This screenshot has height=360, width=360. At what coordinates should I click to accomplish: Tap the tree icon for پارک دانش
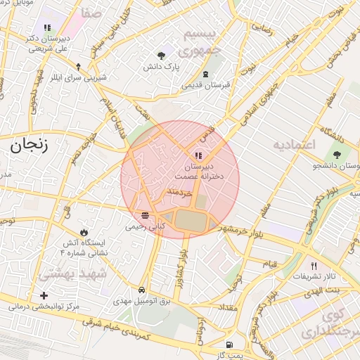[x=162, y=55]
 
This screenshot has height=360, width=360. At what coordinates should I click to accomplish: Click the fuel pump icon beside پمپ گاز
[x=229, y=345]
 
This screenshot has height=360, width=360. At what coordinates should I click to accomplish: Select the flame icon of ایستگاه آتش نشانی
[x=84, y=233]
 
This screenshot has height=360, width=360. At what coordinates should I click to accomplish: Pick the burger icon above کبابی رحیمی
[x=144, y=215]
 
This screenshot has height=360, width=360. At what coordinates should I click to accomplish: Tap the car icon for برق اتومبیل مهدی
[x=142, y=290]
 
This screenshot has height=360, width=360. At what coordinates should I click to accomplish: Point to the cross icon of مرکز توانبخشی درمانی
[x=45, y=295]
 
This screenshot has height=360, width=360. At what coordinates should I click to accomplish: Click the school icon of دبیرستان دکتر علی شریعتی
[x=47, y=28]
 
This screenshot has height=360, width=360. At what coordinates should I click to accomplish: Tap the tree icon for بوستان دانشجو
[x=337, y=155]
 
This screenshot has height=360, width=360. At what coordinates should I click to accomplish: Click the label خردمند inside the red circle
[x=181, y=192]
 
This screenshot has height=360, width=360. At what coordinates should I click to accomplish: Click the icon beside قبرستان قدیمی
[x=205, y=75]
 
